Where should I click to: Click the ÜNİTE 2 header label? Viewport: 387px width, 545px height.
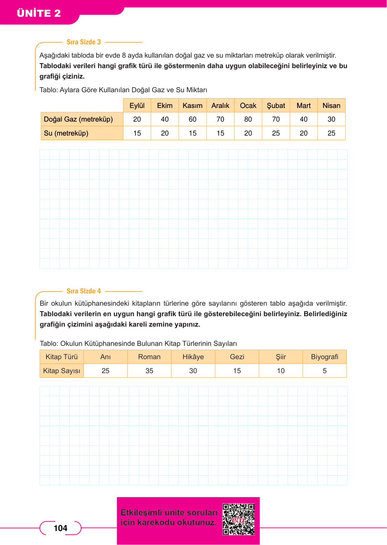click(39, 13)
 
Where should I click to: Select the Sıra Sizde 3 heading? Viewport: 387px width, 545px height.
click(84, 42)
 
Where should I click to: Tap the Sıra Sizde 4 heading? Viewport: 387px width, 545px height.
click(84, 291)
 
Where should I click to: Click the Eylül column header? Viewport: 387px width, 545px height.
click(137, 106)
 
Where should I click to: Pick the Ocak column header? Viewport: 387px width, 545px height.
click(248, 106)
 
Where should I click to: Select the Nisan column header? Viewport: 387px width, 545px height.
click(331, 106)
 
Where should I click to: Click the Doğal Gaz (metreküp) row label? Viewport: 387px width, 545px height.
click(78, 119)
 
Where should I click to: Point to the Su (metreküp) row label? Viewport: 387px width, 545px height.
click(66, 133)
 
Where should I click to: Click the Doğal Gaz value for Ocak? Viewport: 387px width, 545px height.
click(248, 119)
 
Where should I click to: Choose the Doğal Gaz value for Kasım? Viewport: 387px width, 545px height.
click(192, 119)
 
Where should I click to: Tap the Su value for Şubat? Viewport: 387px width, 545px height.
click(276, 133)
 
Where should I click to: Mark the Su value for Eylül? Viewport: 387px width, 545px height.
click(137, 133)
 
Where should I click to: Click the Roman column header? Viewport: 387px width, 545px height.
click(149, 357)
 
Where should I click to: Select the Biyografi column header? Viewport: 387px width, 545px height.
click(324, 357)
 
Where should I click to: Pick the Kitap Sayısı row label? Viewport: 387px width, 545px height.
click(62, 371)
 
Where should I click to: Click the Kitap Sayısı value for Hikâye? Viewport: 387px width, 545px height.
click(193, 371)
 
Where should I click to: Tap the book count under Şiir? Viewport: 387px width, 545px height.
click(281, 371)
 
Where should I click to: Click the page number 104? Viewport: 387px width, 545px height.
click(61, 528)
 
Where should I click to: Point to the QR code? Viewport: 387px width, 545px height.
click(239, 519)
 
